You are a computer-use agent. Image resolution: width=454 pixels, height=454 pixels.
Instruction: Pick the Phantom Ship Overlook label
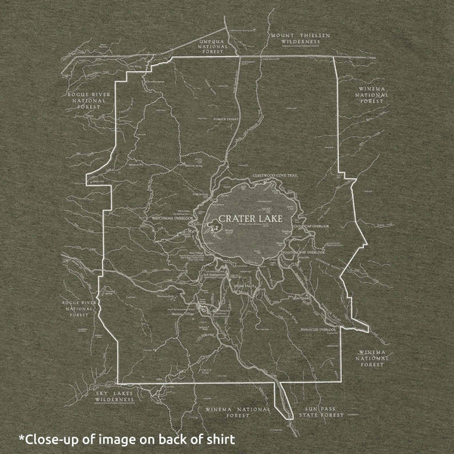[303, 250]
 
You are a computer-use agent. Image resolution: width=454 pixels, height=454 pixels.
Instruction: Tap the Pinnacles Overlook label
[318, 330]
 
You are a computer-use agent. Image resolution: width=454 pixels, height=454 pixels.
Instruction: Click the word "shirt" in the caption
[219, 438]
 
